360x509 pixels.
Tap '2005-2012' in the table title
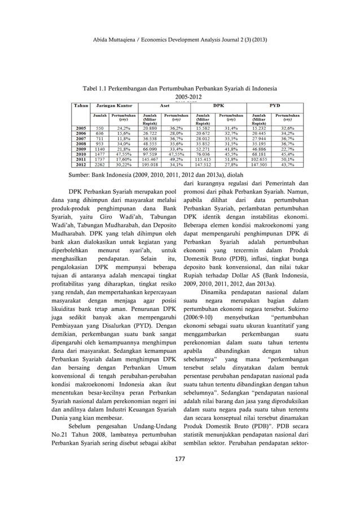tap(179, 96)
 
